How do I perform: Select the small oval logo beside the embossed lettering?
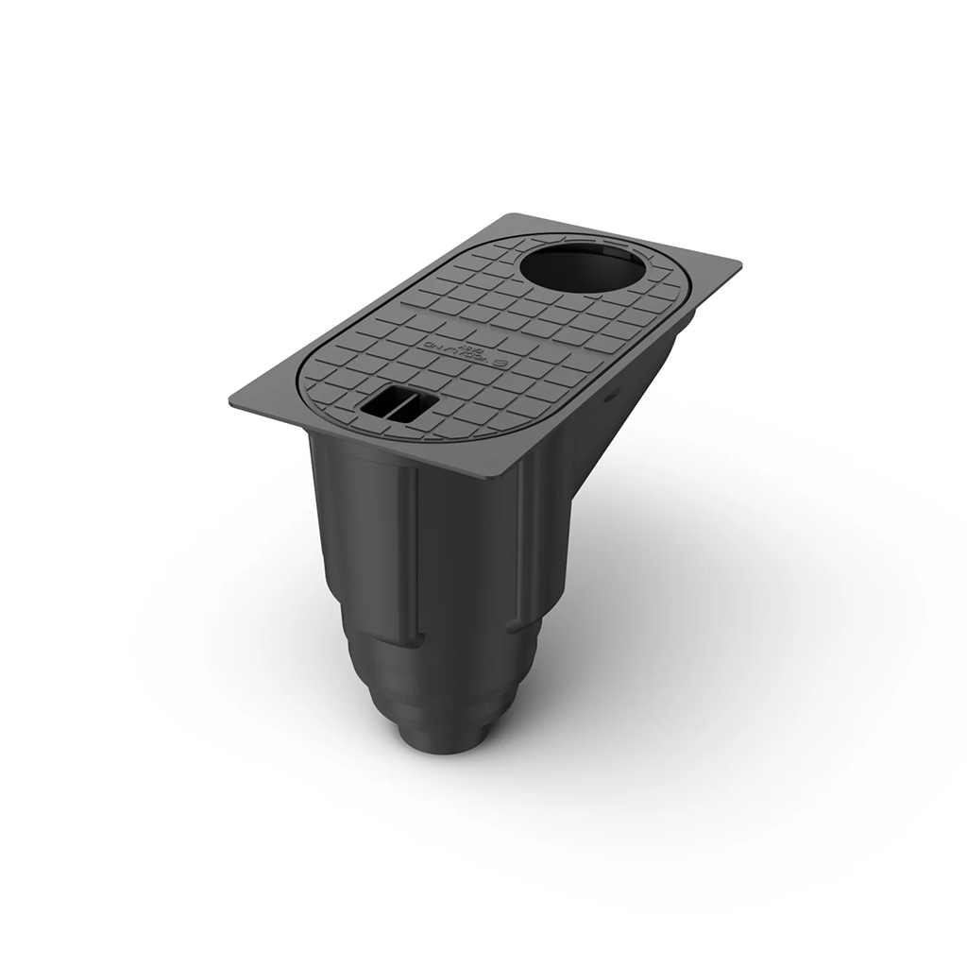[501, 362]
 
